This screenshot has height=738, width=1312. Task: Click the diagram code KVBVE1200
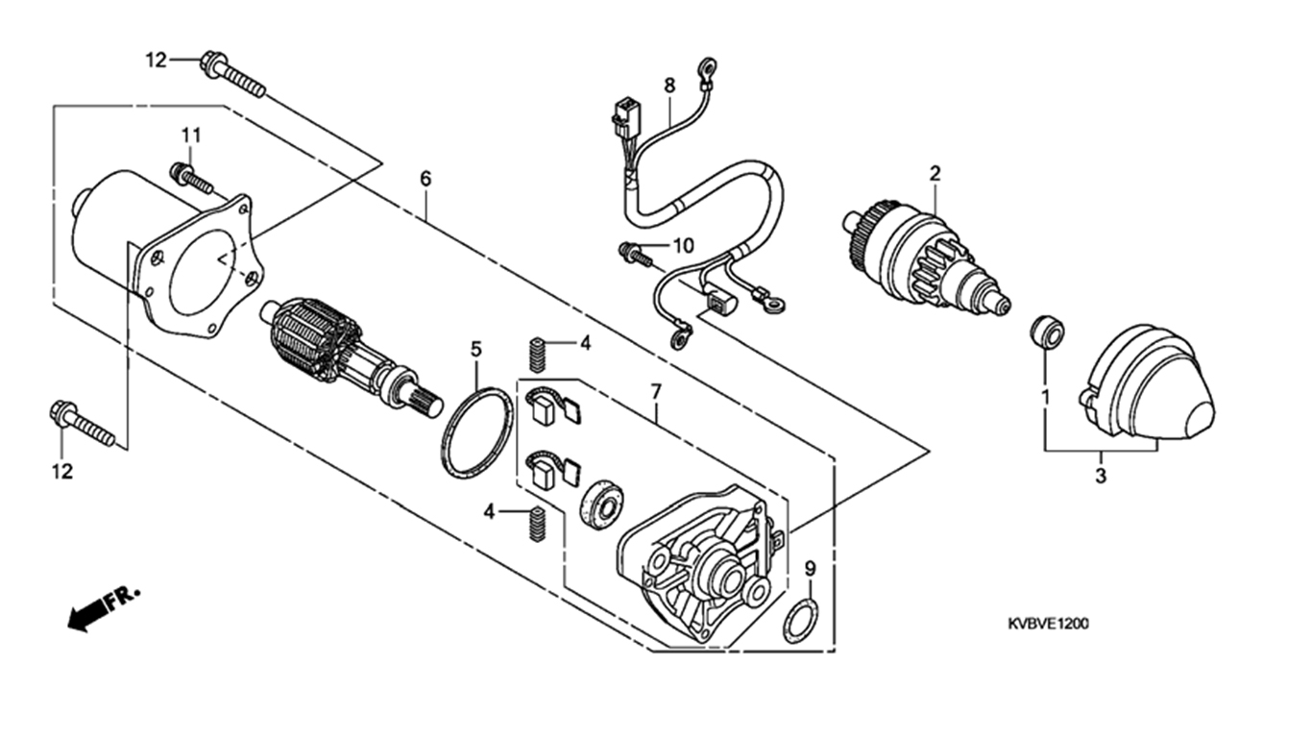[x=1048, y=624]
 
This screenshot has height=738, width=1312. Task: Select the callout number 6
[x=425, y=179]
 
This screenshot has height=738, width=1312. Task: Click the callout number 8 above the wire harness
[x=669, y=86]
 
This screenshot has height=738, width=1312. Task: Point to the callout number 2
[x=935, y=174]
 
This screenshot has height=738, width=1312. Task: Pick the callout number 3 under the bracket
[x=1101, y=476]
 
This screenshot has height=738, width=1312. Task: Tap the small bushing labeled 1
[x=1047, y=333]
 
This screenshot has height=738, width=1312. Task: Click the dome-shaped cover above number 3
[x=1147, y=382]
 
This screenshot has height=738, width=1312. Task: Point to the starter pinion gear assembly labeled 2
[x=926, y=259]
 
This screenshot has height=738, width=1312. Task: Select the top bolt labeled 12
[x=232, y=74]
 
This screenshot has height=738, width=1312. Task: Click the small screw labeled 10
[x=634, y=254]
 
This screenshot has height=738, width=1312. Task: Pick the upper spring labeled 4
[x=538, y=355]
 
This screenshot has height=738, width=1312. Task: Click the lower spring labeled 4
[x=537, y=523]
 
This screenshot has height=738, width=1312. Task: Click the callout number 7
[x=656, y=391]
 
